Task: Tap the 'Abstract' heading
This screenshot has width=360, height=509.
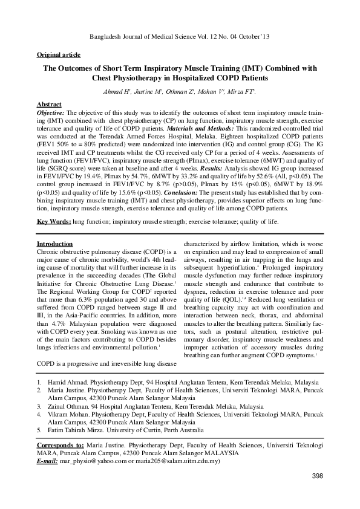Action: [x=49, y=105]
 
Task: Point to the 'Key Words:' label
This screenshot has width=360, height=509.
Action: [x=54, y=222]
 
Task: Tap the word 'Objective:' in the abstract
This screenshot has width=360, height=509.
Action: [x=51, y=112]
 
